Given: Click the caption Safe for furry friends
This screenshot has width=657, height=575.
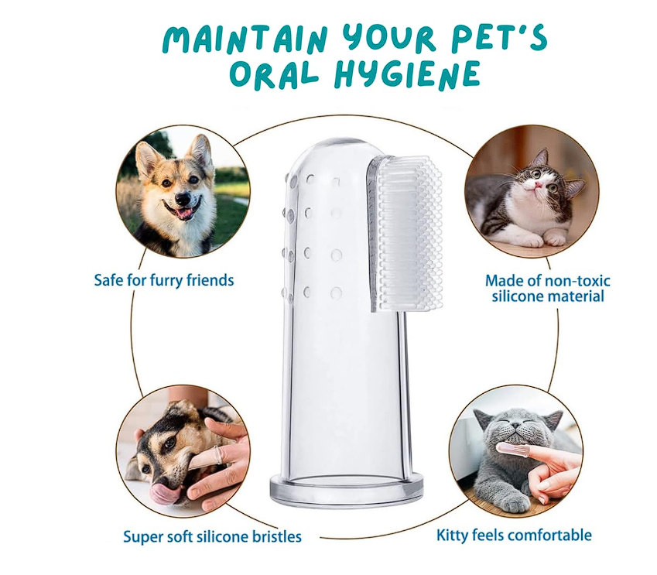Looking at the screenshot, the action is (164, 280).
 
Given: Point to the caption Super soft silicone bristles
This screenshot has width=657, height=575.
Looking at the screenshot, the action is (213, 536).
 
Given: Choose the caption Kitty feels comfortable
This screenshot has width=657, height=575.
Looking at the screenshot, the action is (514, 536).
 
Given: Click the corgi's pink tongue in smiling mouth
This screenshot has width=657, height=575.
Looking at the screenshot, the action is (183, 214).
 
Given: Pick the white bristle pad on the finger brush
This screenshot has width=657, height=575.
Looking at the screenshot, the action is (406, 234).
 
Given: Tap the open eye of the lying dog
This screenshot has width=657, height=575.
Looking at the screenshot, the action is (169, 443).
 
